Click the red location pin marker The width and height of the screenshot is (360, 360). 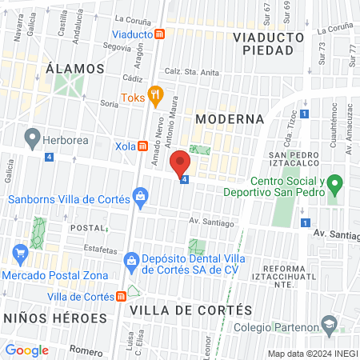tap(181, 164)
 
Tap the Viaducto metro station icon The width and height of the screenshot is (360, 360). tap(161, 34)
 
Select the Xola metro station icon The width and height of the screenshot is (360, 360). tap(142, 146)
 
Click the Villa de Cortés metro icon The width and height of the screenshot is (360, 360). tap(121, 296)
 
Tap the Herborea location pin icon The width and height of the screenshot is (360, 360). tap(32, 138)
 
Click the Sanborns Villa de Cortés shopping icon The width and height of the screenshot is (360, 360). tap(141, 195)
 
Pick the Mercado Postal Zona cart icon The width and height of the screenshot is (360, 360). tap(21, 255)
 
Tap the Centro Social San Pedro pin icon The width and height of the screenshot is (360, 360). tap(337, 186)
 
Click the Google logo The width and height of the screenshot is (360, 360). tap(26, 350)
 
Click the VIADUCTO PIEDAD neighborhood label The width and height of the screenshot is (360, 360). tap(268, 43)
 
